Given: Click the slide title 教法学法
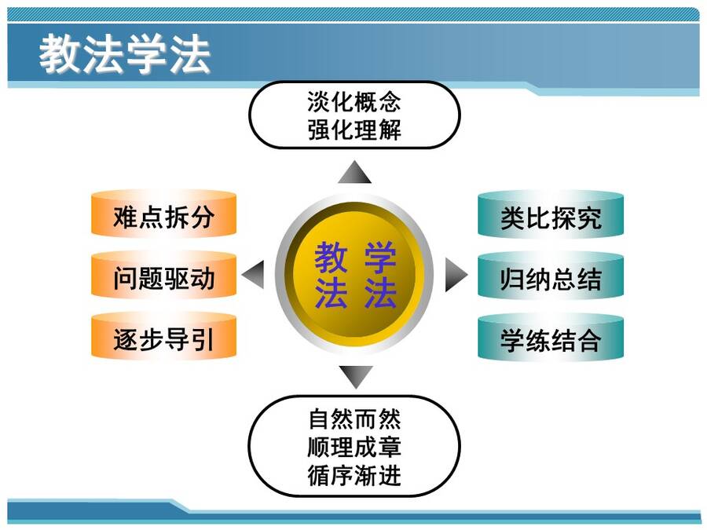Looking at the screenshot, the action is pos(124,54).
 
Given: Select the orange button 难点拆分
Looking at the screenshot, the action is pos(163,214).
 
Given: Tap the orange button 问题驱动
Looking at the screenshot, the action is pos(163,275).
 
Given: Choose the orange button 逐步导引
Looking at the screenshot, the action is pos(163,336).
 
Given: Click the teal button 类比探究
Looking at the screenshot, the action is pos(551,214).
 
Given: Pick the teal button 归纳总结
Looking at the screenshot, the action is pos(551,276).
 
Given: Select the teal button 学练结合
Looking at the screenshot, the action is pos(551,337).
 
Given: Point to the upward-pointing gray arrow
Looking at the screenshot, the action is pos(354,172).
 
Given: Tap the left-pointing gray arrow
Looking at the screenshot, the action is pos(253,275).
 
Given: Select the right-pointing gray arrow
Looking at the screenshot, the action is pos(456,275).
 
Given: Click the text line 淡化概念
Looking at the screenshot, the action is pos(354,101).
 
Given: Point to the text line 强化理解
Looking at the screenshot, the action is pos(354,130).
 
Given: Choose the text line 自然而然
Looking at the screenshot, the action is pos(354,419).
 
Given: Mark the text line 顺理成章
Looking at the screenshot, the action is pos(354,447).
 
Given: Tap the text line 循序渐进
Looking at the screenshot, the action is pos(354,475).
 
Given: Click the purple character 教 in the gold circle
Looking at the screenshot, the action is pos(331,258).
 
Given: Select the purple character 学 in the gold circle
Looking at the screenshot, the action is pos(380,258).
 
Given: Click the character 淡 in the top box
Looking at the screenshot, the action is pos(319,101).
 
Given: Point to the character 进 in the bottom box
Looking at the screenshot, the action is pos(390,475).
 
